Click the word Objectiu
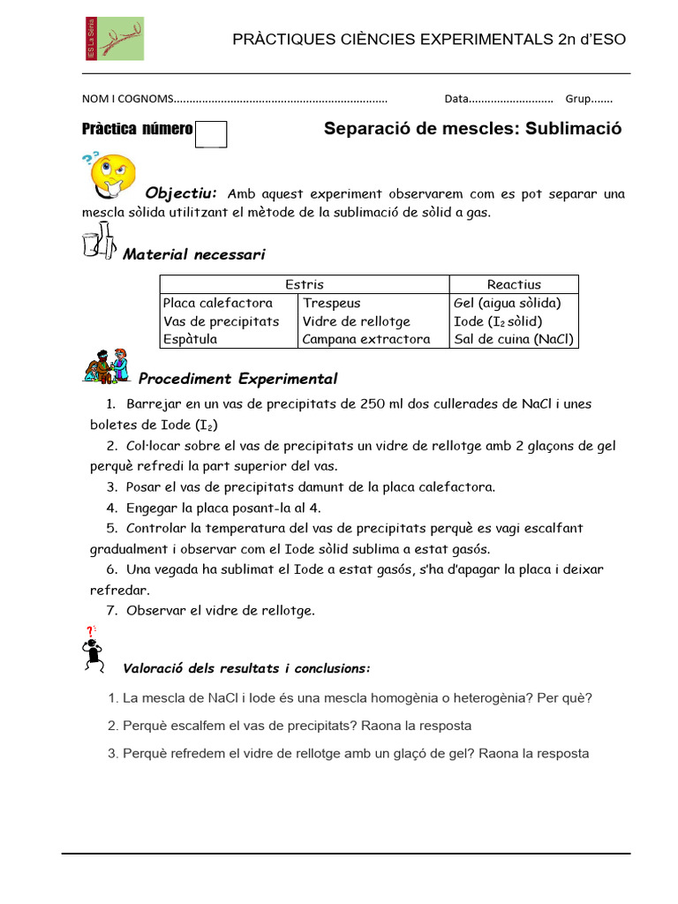(x=181, y=193)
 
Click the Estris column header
(x=305, y=284)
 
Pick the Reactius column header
(x=514, y=284)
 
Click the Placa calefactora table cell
(x=218, y=303)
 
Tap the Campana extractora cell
(x=366, y=339)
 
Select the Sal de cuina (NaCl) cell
(x=514, y=339)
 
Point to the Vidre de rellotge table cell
(x=357, y=321)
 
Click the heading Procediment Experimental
(x=238, y=380)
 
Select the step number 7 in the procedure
(x=112, y=610)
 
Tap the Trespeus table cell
(x=332, y=303)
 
